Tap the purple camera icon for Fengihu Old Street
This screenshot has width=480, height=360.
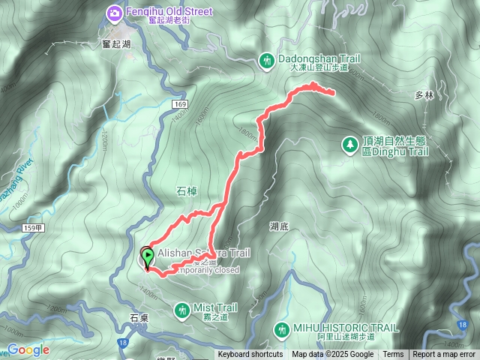[114, 12]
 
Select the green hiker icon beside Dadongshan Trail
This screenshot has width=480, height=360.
[267, 58]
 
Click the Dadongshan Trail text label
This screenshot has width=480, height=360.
[318, 57]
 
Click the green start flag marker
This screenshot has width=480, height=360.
[147, 259]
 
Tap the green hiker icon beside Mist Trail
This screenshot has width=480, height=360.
[182, 309]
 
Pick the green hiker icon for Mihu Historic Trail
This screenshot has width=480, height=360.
[281, 329]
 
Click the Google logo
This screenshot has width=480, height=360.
[28, 349]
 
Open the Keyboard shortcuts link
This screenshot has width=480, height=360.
[250, 355]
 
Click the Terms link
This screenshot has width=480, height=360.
[393, 355]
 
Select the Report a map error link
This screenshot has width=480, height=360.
[445, 355]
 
